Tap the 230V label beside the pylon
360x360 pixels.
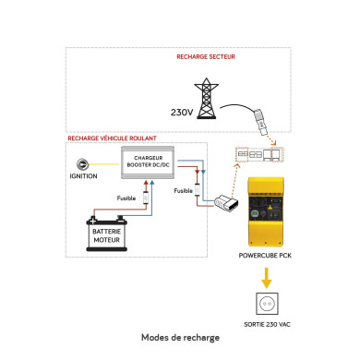(183, 114)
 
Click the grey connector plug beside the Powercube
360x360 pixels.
(224, 202)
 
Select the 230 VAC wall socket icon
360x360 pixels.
(269, 305)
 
